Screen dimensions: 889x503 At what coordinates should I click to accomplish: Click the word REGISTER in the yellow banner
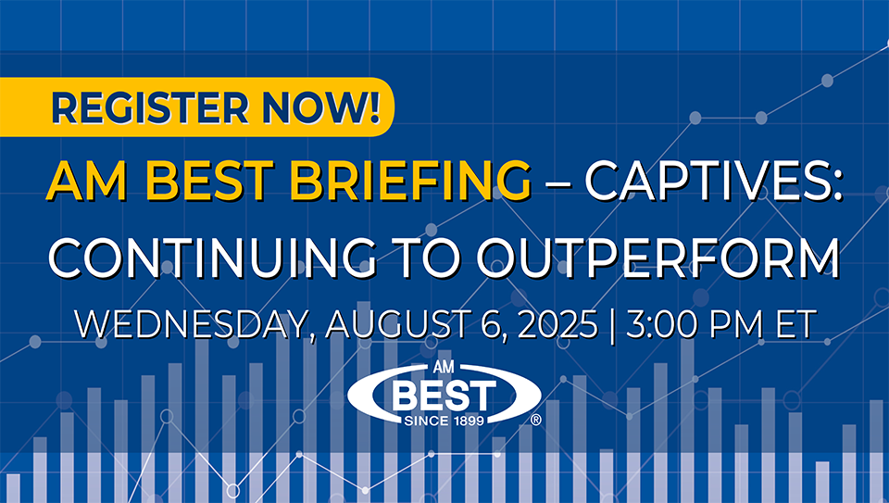(x=150, y=107)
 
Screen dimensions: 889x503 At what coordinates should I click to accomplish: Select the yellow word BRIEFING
(x=410, y=181)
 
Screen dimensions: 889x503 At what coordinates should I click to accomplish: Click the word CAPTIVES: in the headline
(x=713, y=181)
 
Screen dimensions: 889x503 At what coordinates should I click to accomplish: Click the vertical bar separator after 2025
(x=612, y=325)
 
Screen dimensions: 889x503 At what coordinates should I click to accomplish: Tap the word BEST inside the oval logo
(x=444, y=395)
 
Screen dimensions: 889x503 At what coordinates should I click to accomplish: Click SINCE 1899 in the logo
(x=444, y=421)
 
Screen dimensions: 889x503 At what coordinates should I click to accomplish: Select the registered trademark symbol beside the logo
(x=535, y=420)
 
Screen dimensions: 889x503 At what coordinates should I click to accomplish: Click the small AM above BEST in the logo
(x=444, y=367)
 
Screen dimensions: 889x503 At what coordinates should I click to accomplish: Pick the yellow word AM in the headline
(x=87, y=181)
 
